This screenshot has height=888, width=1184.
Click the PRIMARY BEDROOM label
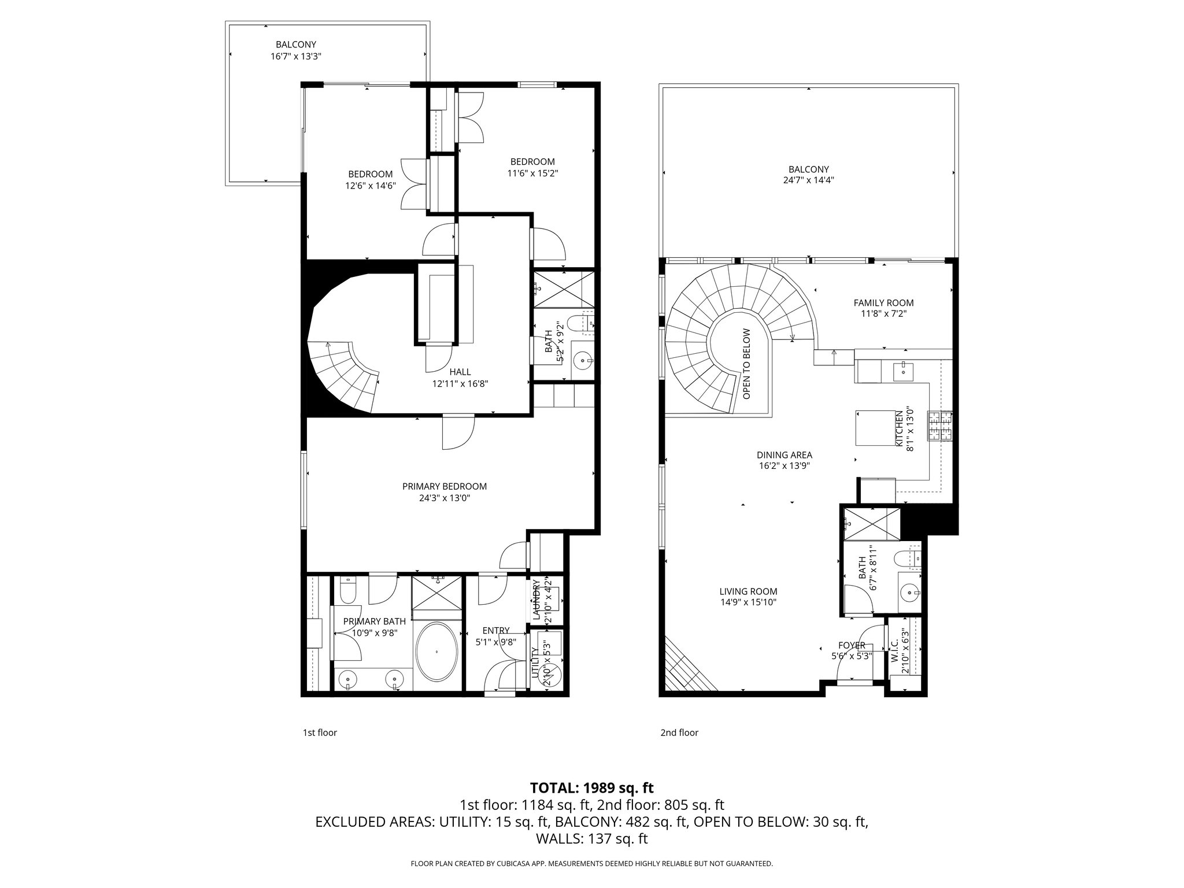[444, 486]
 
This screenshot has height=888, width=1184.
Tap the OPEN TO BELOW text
[746, 364]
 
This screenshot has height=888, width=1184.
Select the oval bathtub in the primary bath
[436, 652]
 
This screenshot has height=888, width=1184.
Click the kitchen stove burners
[939, 426]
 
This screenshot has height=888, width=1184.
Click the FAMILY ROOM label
[883, 302]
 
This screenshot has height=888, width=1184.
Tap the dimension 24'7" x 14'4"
[808, 180]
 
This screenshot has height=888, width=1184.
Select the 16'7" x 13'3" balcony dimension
[295, 57]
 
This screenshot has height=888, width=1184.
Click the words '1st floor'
[320, 732]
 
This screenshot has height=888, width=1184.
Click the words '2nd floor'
[679, 732]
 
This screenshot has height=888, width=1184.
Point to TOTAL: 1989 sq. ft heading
[591, 787]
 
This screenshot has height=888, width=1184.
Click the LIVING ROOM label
[748, 591]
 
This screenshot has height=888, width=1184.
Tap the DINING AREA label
[784, 455]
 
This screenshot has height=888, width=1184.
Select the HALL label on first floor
[460, 372]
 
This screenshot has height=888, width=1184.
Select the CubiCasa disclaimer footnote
[591, 864]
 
